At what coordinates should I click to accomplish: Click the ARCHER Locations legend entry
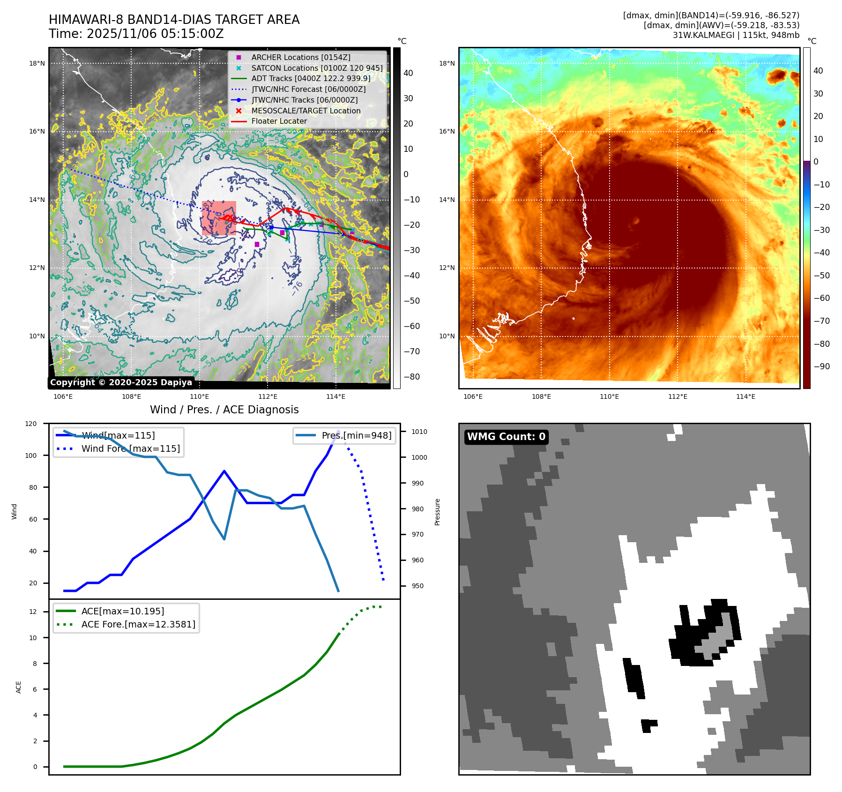[x=300, y=57]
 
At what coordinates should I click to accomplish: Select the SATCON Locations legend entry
[x=317, y=68]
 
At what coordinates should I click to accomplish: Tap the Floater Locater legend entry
[x=279, y=121]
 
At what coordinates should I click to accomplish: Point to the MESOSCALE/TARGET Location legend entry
[x=306, y=111]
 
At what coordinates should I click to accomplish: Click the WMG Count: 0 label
[x=506, y=437]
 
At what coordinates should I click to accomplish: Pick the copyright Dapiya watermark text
[x=121, y=382]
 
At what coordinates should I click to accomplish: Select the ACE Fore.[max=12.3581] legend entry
[x=138, y=624]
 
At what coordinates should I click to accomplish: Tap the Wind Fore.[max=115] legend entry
[x=130, y=448]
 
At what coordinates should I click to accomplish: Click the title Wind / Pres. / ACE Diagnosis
[x=224, y=410]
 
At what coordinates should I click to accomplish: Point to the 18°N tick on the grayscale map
[x=37, y=63]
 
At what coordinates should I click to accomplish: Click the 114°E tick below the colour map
[x=745, y=396]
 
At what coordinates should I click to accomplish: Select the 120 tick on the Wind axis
[x=31, y=424]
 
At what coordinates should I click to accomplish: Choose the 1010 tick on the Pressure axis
[x=419, y=432]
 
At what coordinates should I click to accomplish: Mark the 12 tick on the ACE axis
[x=33, y=612]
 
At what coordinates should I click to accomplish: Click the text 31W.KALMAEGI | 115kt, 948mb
[x=736, y=35]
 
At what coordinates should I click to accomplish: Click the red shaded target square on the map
[x=219, y=218]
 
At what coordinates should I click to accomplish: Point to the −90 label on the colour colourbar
[x=821, y=366]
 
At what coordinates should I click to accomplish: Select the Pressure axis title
[x=437, y=512]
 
